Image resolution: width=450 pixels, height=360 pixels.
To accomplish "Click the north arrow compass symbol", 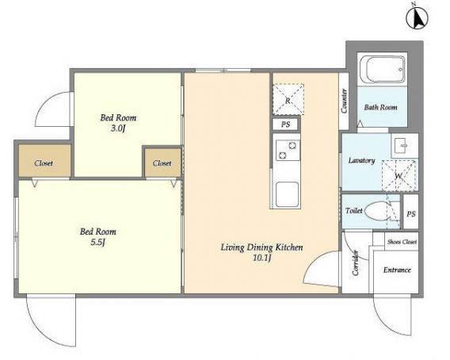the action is pyautogui.click(x=417, y=17).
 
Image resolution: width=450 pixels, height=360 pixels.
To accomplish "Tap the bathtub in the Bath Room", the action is pyautogui.click(x=383, y=69).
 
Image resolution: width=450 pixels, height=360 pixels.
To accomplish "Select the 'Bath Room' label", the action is pyautogui.click(x=380, y=108).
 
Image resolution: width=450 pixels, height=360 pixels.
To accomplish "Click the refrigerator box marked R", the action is pyautogui.click(x=288, y=99).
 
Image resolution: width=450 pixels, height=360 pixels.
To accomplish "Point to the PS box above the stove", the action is pyautogui.click(x=285, y=124).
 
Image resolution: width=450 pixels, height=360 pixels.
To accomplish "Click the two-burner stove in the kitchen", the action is pyautogui.click(x=288, y=150).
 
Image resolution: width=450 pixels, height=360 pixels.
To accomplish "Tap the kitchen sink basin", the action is pyautogui.click(x=287, y=194).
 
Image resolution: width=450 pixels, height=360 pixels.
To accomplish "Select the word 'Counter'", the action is pyautogui.click(x=344, y=101).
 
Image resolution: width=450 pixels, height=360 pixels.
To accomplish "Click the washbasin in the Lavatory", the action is pyautogui.click(x=402, y=145).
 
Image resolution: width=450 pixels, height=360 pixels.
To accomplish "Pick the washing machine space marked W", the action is pyautogui.click(x=399, y=175).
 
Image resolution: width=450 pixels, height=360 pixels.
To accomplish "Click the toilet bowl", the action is pyautogui.click(x=378, y=211).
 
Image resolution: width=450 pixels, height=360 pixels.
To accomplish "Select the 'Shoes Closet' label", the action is pyautogui.click(x=402, y=242).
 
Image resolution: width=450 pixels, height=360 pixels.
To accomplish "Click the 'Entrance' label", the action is pyautogui.click(x=397, y=270).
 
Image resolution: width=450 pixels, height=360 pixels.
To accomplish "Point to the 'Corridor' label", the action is pyautogui.click(x=356, y=263).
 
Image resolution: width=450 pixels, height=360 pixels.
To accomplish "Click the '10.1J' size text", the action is pyautogui.click(x=262, y=258).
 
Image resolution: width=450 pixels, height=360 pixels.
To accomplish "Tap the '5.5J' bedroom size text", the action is pyautogui.click(x=98, y=242).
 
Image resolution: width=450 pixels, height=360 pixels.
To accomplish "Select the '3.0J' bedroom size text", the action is pyautogui.click(x=118, y=128).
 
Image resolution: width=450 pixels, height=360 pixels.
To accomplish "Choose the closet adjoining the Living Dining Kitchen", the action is pyautogui.click(x=162, y=163).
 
